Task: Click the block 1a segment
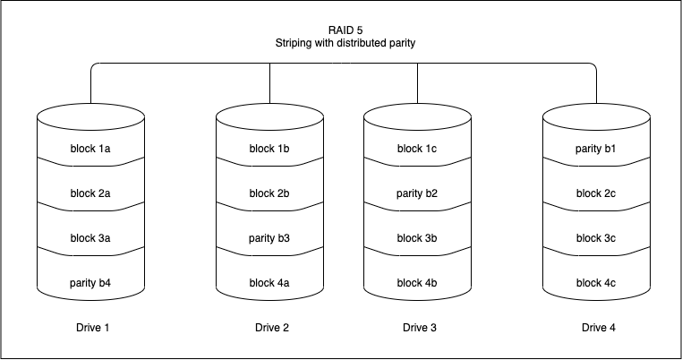(x=90, y=148)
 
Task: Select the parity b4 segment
(x=90, y=283)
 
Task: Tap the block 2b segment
(x=269, y=193)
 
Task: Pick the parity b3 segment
(x=269, y=238)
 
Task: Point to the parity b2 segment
(x=417, y=193)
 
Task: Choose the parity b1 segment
(x=596, y=148)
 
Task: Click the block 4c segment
(x=596, y=283)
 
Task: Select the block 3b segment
(x=417, y=238)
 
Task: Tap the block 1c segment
(x=417, y=148)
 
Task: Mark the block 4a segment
(x=269, y=283)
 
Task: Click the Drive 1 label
(x=93, y=328)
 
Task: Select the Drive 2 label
(x=272, y=328)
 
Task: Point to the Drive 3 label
(x=420, y=328)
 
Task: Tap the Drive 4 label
(x=599, y=328)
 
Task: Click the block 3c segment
(x=596, y=238)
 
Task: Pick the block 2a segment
(x=90, y=193)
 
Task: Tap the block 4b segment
(x=417, y=283)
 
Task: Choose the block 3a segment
(x=90, y=238)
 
